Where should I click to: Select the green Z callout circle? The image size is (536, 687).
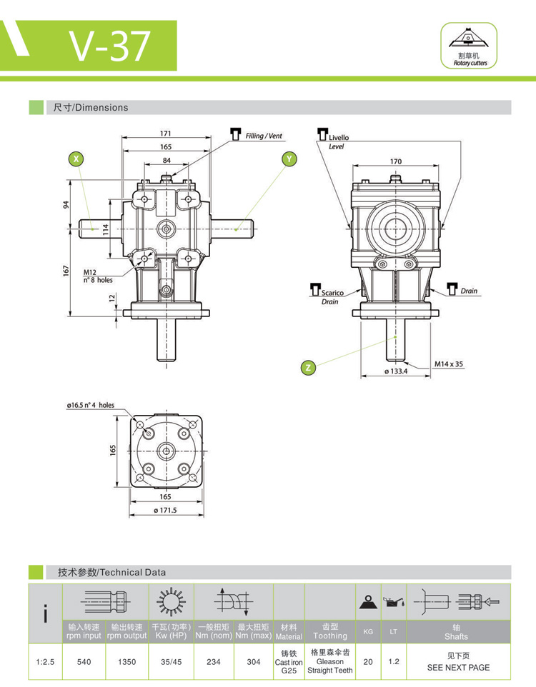point(308,368)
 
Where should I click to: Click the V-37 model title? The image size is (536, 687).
point(110,46)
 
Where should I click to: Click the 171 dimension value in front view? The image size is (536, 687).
point(166,134)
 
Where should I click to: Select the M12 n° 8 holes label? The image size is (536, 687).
point(98,276)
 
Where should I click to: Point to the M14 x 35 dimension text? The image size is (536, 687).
point(449,363)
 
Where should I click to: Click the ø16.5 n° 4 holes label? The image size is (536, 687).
point(91,405)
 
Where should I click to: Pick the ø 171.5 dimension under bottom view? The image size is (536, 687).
point(165,511)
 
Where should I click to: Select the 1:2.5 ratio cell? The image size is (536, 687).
point(45,662)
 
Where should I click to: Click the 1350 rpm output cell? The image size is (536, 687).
point(126,662)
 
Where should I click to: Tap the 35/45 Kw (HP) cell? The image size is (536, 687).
point(171,662)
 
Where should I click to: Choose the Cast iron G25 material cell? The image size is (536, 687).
point(289,662)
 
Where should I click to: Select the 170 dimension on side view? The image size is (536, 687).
point(395,161)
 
